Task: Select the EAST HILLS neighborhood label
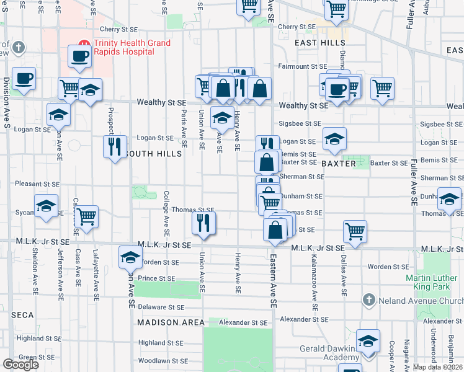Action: point(318,43)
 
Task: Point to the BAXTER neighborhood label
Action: point(338,164)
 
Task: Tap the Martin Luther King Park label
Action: point(434,282)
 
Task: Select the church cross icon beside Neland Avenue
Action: point(368,300)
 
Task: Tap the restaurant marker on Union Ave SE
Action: point(203,222)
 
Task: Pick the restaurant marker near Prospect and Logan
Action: point(114,146)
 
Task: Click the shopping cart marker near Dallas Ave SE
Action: point(355,231)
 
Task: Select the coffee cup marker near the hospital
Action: point(80,56)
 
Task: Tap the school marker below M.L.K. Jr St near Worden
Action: point(131,257)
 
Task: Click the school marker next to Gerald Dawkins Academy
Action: point(368,342)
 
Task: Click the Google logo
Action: point(20,364)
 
